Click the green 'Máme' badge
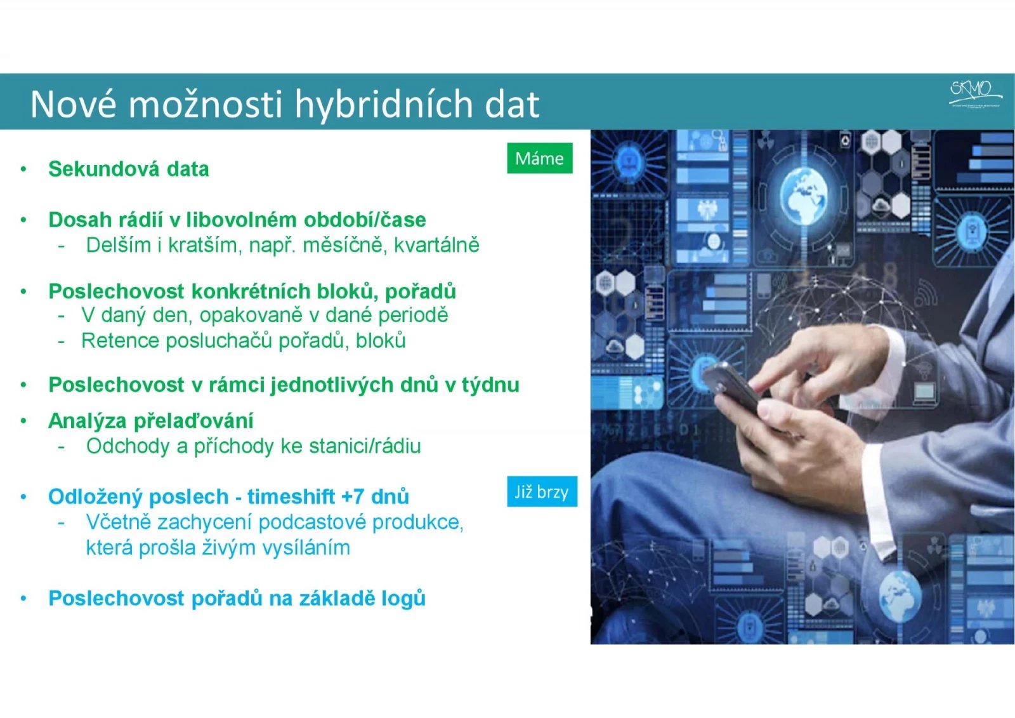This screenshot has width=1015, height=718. pos(539,158)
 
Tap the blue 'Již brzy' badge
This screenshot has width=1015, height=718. pos(542,492)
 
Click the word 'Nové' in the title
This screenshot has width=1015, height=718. pos(74,105)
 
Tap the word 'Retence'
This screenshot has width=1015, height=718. pos(120,341)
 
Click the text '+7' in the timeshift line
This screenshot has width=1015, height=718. pos(353,496)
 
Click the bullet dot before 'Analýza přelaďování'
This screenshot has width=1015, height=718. pos(23,421)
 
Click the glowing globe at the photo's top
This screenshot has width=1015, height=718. pos(803,193)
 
